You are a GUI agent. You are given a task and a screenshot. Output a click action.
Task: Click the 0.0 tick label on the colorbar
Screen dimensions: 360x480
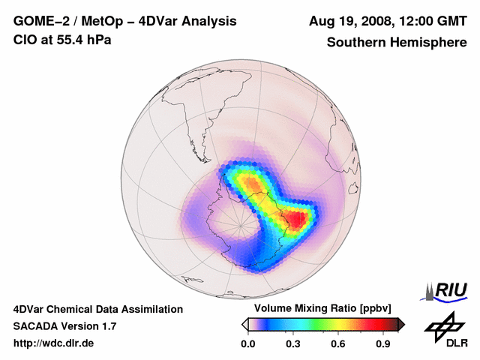coord(247,343)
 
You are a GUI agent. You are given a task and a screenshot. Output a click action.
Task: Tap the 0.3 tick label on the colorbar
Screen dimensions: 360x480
coord(293,343)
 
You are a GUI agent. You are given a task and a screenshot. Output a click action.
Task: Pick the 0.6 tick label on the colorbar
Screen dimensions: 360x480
coord(339,343)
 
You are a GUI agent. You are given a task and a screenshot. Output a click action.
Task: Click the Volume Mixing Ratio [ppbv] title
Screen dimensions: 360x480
coord(323,309)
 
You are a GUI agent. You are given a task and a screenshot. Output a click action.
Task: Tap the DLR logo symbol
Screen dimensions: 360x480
coord(443,327)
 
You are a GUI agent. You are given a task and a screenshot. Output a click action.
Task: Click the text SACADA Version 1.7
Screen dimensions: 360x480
coord(64,326)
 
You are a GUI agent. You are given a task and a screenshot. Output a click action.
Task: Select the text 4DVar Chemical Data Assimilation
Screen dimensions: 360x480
coord(98,309)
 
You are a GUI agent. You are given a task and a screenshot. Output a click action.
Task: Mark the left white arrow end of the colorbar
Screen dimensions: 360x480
coord(244,324)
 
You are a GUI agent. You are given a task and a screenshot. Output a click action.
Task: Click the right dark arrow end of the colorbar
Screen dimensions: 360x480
coord(401,324)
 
